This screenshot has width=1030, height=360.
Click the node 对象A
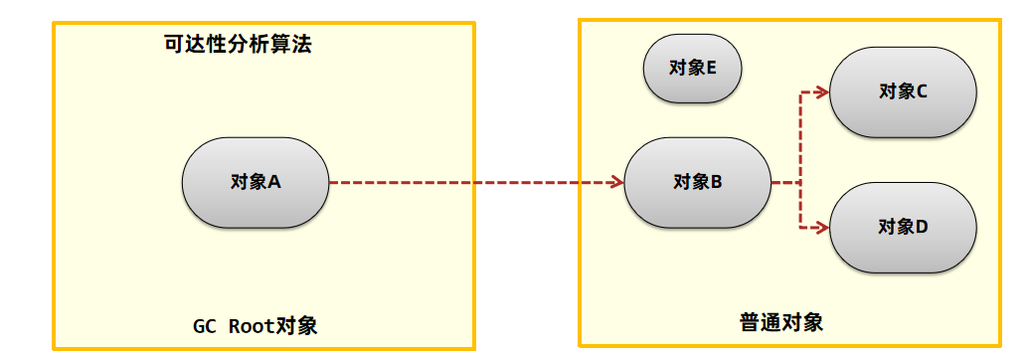[x=255, y=183]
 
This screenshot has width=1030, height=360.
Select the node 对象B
[x=697, y=183]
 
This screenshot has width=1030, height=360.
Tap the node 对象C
[x=903, y=91]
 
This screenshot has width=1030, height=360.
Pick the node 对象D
[x=903, y=228]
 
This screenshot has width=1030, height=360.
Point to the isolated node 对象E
[x=692, y=69]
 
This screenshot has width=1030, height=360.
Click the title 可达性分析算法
[x=238, y=45]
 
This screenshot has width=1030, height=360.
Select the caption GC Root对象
[x=255, y=326]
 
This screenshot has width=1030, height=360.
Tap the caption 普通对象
[x=781, y=323]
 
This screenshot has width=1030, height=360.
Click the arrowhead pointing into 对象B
[x=616, y=183]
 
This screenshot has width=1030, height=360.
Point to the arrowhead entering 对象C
[x=822, y=92]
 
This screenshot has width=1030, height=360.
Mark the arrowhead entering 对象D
[x=822, y=228]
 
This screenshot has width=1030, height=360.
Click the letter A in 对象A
[x=274, y=182]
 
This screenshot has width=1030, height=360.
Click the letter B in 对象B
[x=716, y=182]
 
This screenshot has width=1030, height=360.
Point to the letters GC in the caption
[x=204, y=326]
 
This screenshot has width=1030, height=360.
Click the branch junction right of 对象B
[x=800, y=183]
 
